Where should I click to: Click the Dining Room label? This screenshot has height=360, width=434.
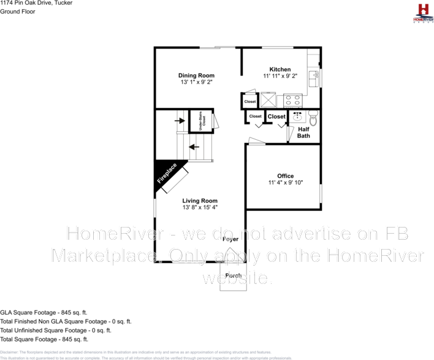[196, 75]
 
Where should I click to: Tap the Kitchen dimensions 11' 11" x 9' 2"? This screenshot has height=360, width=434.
[280, 76]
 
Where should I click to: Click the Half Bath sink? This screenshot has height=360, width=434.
[298, 117]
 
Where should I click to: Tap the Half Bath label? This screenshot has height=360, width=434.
[303, 132]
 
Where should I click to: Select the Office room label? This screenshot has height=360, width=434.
[285, 176]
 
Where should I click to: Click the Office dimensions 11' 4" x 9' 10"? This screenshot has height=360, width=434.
[285, 183]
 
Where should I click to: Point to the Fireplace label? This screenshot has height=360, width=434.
[167, 174]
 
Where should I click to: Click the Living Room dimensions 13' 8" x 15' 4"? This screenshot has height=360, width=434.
[200, 207]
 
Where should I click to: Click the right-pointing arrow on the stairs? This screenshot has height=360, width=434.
[180, 120]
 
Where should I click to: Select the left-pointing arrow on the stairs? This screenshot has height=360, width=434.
[194, 147]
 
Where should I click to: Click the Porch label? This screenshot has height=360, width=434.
[232, 275]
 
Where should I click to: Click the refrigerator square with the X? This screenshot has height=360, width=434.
[268, 100]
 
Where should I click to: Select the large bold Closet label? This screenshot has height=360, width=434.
[276, 117]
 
